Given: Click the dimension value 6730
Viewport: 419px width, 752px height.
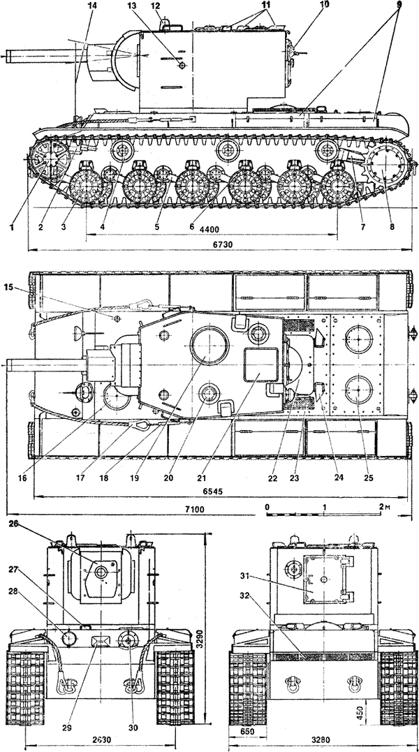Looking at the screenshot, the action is (x=222, y=244).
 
